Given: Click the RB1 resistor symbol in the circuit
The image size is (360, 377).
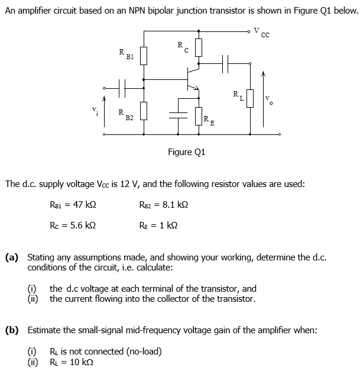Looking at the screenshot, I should click(x=142, y=56).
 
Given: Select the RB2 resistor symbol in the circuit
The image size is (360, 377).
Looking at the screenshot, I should click(x=142, y=112).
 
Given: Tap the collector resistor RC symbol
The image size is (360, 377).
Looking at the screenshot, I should click(x=199, y=47).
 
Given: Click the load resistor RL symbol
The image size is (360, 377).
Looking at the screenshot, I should click(x=250, y=98).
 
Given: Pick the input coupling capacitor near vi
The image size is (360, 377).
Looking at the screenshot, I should click(x=123, y=88).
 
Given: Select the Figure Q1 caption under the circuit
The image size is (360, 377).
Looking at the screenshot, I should click(x=187, y=152).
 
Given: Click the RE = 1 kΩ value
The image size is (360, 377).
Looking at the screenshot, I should click(x=158, y=225).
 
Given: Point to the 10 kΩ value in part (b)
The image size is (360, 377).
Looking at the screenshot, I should click(x=79, y=362).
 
